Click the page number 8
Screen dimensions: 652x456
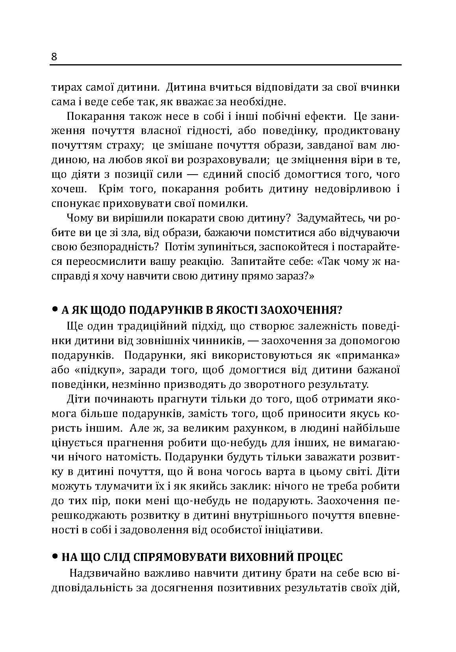[x=54, y=57]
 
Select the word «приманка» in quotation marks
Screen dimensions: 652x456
[x=368, y=355]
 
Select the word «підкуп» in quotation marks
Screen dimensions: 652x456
[x=85, y=370]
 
